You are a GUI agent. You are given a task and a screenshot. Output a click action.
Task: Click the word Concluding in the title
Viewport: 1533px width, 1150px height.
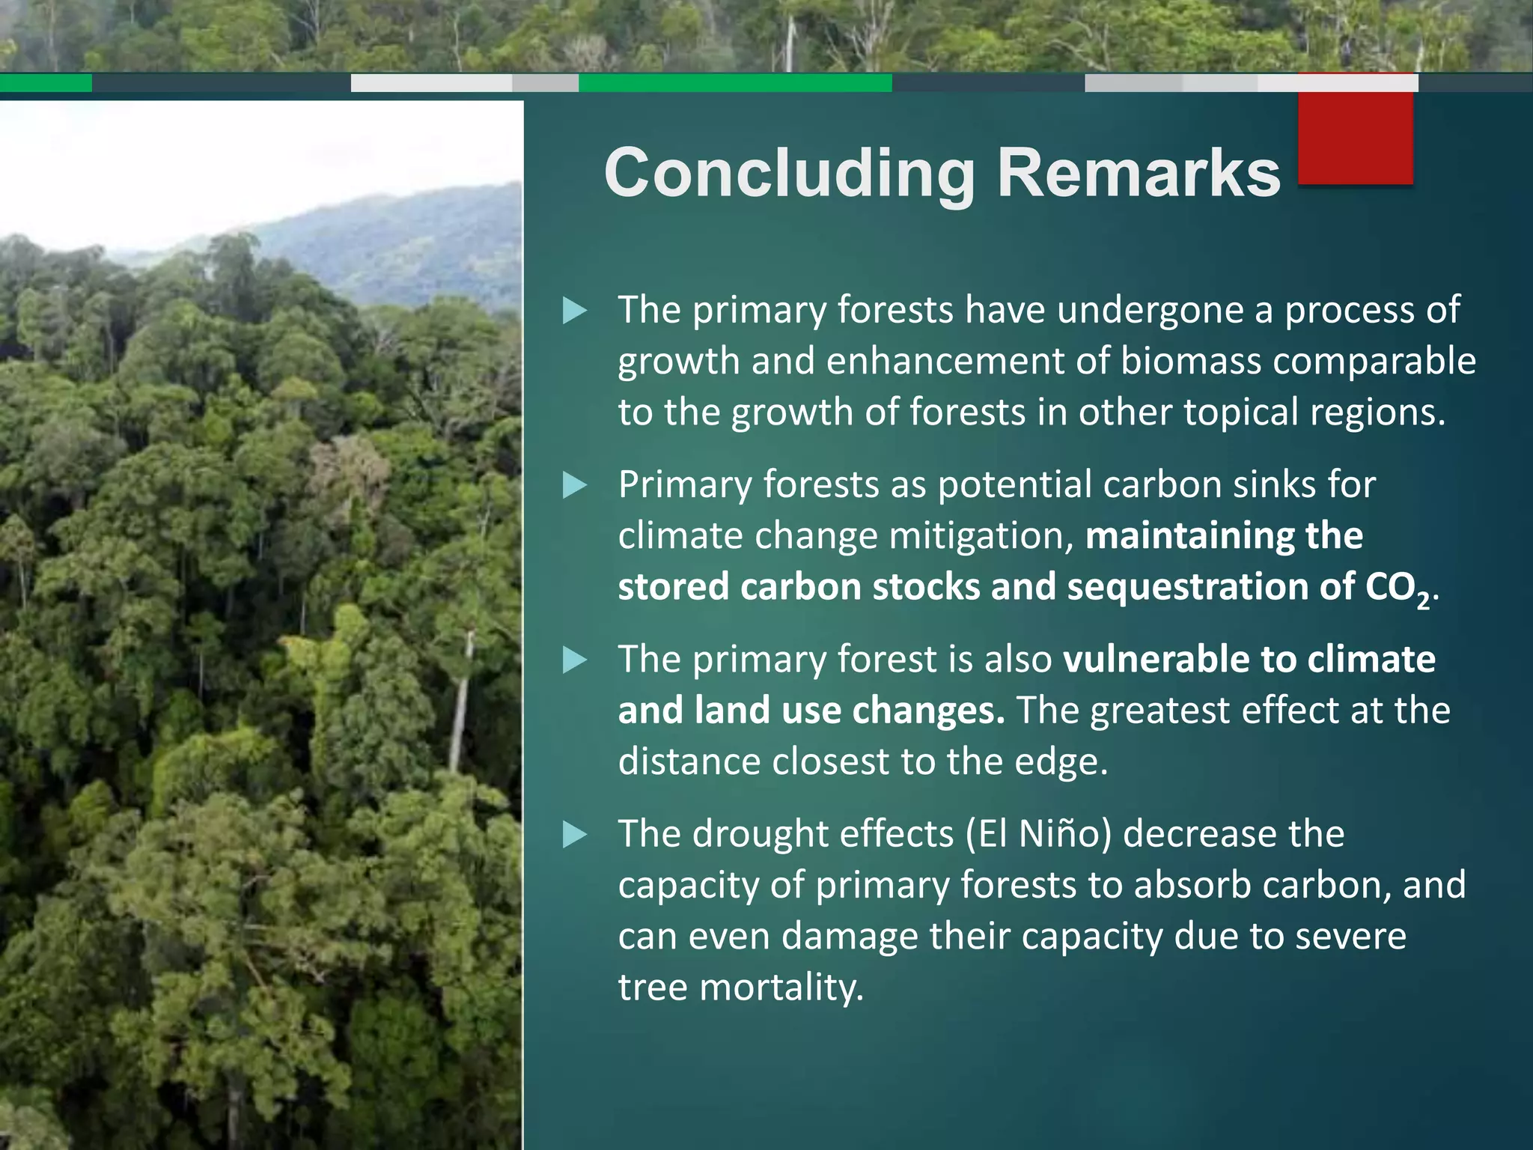point(790,174)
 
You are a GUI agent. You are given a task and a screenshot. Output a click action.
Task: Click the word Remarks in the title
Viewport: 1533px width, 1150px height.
point(1139,174)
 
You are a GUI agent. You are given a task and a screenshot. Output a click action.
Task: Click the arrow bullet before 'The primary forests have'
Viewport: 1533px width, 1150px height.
point(574,311)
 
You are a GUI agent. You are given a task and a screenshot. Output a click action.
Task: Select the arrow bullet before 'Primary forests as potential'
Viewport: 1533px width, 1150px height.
point(574,485)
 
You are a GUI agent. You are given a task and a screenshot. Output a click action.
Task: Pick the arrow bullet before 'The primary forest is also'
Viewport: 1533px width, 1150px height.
point(574,660)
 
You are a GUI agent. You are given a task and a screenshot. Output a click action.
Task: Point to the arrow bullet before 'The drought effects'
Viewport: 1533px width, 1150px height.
point(574,834)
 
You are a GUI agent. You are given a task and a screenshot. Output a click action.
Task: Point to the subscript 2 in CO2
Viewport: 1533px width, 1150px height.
point(1423,600)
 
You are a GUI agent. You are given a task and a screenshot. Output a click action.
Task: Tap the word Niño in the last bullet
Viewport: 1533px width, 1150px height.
point(1056,834)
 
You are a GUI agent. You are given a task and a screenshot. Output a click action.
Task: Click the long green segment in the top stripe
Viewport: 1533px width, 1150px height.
point(735,83)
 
